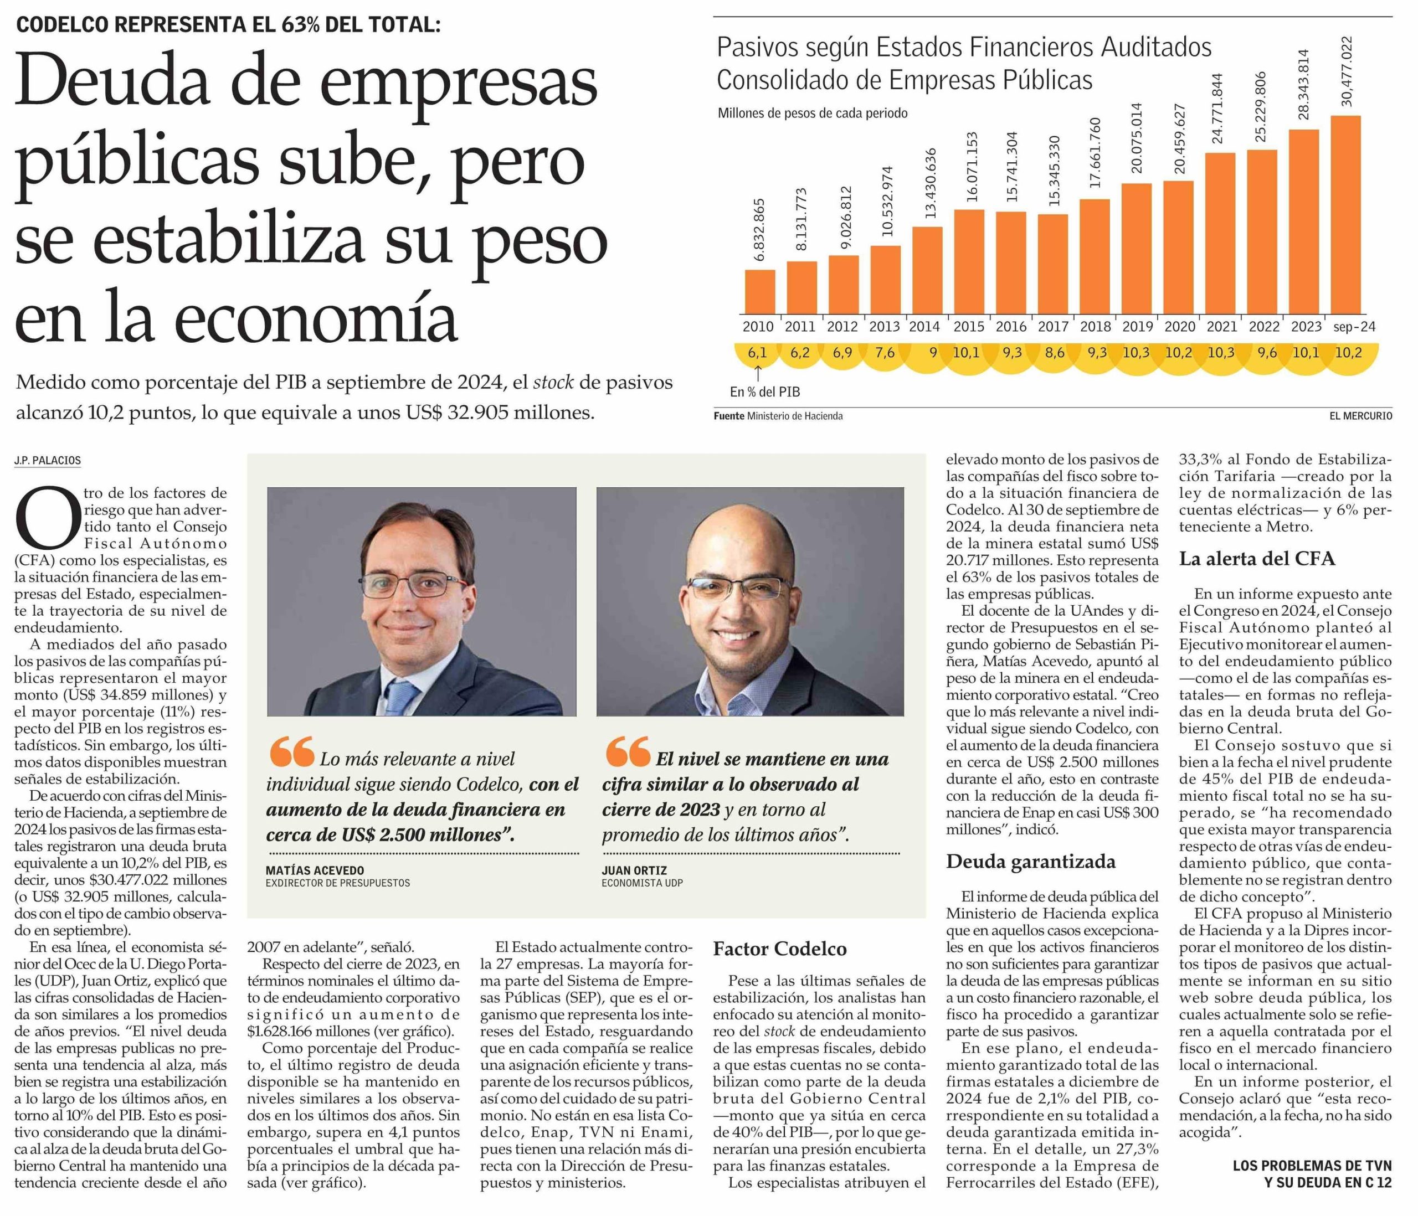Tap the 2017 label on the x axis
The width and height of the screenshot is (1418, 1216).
coord(1052,327)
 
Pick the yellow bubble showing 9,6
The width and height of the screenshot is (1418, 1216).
coord(1263,353)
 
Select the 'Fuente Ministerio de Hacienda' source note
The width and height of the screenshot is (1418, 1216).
coord(778,416)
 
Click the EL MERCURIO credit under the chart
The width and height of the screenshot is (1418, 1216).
coord(1360,416)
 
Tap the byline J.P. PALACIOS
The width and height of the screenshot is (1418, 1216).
coord(47,461)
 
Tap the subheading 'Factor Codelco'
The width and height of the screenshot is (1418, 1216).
coord(779,949)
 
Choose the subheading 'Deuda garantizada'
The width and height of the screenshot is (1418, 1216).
coord(1031,862)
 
